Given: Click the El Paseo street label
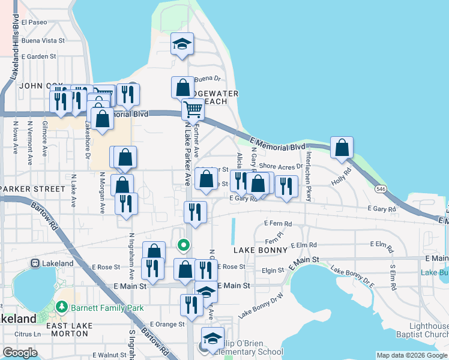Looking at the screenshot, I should click(34, 22).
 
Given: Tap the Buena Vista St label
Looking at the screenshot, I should click(43, 40).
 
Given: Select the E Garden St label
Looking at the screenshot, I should click(38, 56).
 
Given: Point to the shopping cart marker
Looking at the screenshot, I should click(193, 110).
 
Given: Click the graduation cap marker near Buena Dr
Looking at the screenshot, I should click(182, 44).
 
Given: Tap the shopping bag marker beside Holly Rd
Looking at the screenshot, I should click(342, 148).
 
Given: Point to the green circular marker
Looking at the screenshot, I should click(184, 245).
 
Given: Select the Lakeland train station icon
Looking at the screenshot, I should click(35, 263).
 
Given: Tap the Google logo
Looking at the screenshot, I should click(20, 352).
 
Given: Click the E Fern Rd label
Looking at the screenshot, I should click(278, 224).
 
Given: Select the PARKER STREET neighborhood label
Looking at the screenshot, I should click(34, 189).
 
